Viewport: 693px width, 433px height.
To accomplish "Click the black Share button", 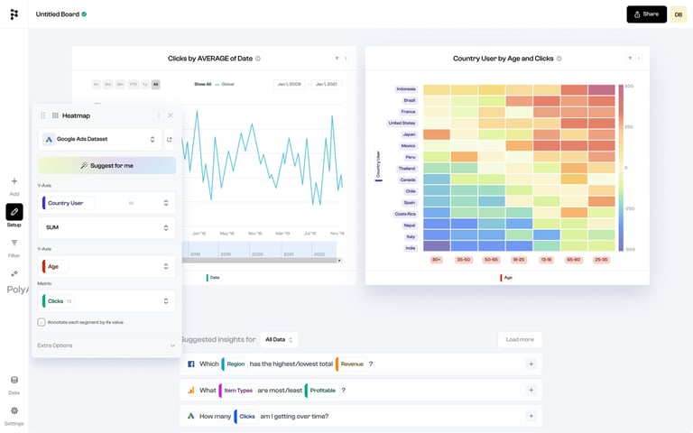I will [x=646, y=14].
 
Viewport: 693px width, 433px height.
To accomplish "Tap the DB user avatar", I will [x=678, y=14].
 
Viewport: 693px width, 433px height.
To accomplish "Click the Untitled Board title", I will [x=58, y=14].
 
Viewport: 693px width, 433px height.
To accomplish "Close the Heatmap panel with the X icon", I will [x=171, y=115].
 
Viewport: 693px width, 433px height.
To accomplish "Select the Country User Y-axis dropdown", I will [x=106, y=203].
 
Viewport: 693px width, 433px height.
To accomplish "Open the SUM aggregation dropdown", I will [x=106, y=227].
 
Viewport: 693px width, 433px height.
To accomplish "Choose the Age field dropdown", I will [x=106, y=266].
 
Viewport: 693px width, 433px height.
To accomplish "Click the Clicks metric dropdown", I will [x=106, y=300].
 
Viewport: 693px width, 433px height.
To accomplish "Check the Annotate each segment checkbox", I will [x=42, y=322].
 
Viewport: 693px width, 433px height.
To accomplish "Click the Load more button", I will [x=520, y=340].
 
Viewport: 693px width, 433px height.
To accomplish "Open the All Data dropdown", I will [x=279, y=340].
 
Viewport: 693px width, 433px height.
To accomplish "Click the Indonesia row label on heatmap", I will [x=405, y=89].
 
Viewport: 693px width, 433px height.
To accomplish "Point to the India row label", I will [x=410, y=247].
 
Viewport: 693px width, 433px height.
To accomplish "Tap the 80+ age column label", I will [x=437, y=260].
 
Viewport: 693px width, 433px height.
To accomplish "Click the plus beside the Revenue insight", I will [x=531, y=364].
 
